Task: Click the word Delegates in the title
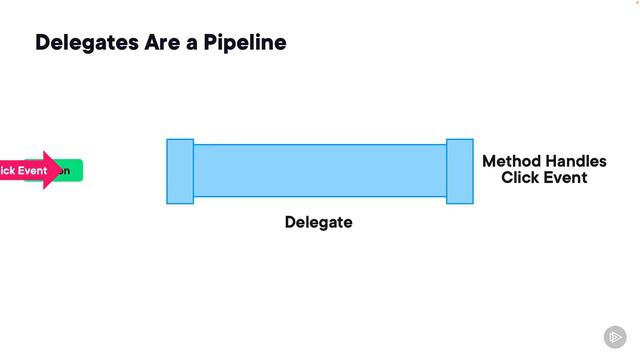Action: coord(87,43)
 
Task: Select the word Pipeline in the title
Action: coord(246,43)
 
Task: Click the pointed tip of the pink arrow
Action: coord(61,171)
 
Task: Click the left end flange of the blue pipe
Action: coord(180,171)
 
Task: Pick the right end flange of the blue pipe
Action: coord(460,171)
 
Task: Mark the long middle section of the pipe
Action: coord(319,171)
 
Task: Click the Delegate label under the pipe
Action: coord(318,222)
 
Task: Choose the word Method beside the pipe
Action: coord(512,161)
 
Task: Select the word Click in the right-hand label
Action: coord(520,177)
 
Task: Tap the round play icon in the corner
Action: coord(615,336)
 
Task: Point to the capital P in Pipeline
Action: coord(212,43)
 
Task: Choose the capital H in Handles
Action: coord(552,161)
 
